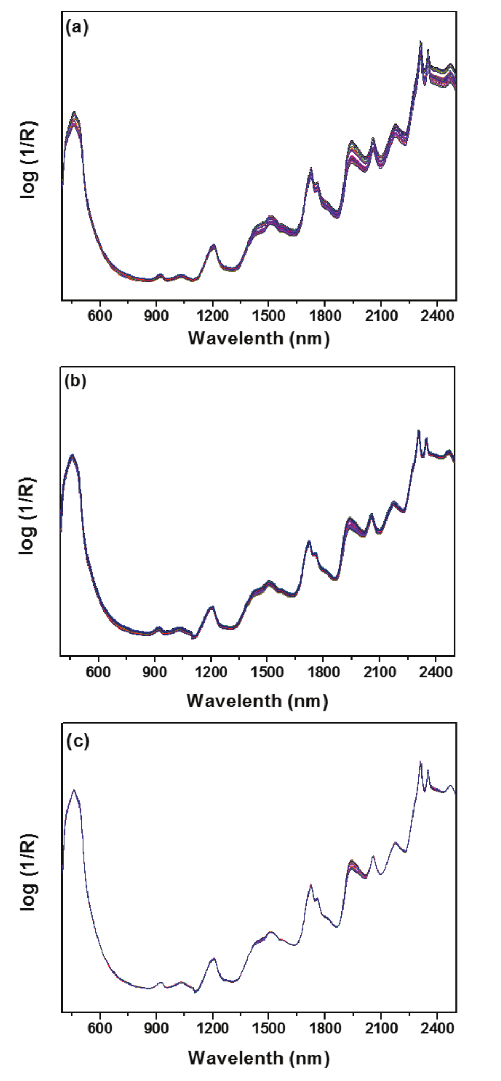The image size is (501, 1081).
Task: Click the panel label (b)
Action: point(75,382)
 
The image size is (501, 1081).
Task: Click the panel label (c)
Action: point(77,741)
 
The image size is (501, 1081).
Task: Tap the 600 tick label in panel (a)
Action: point(100,316)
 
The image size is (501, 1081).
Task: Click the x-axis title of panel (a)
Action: point(259,338)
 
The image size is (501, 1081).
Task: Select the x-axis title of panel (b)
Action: point(257,701)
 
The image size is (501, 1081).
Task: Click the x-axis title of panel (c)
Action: point(259,1058)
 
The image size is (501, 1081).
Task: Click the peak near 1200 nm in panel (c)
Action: point(214,958)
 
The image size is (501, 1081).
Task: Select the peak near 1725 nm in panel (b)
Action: point(309,542)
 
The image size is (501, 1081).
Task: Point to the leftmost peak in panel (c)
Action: point(74,791)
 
